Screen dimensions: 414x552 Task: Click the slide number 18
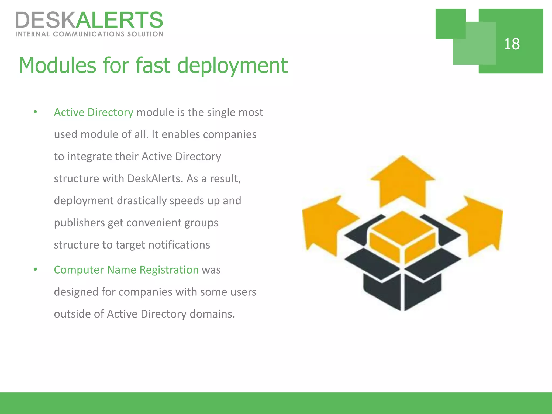[512, 44]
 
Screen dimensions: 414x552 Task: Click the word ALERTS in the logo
[119, 20]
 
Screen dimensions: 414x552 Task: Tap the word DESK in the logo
[45, 20]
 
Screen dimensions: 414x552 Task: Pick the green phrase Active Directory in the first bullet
[94, 112]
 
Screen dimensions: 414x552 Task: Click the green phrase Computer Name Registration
[126, 270]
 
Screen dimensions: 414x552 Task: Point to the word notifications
[179, 245]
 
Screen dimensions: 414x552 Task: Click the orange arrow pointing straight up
[403, 181]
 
